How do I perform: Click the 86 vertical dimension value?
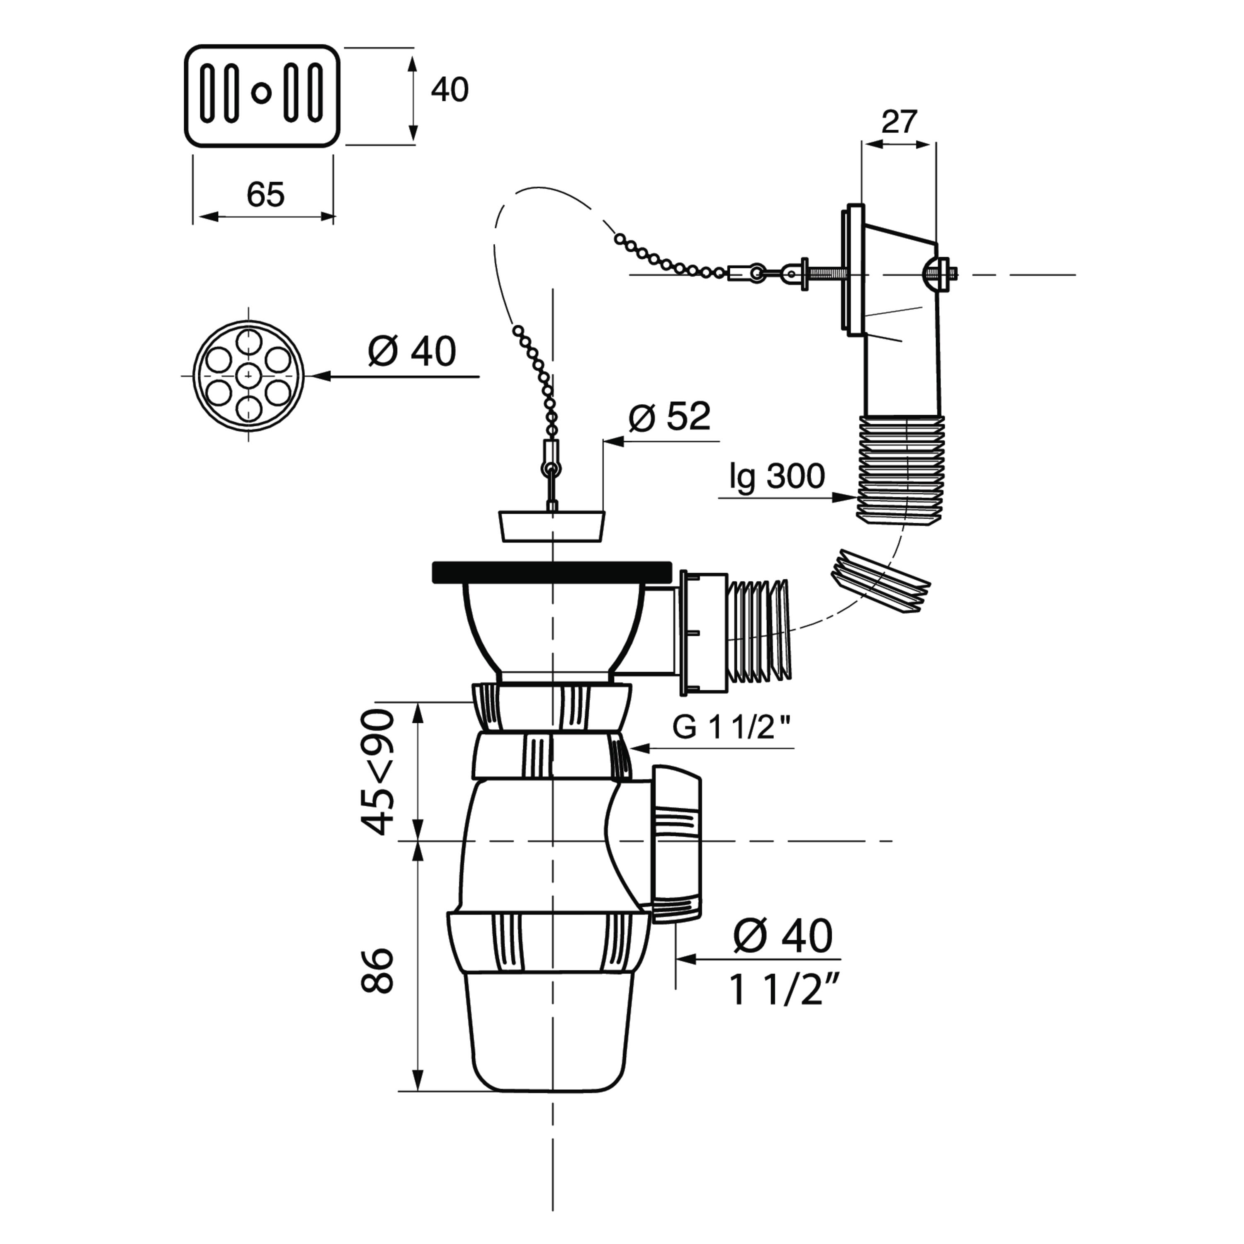pos(377,970)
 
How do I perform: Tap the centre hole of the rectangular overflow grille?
pos(261,93)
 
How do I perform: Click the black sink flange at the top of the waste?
pos(552,572)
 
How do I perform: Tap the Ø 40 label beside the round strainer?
pos(412,352)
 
